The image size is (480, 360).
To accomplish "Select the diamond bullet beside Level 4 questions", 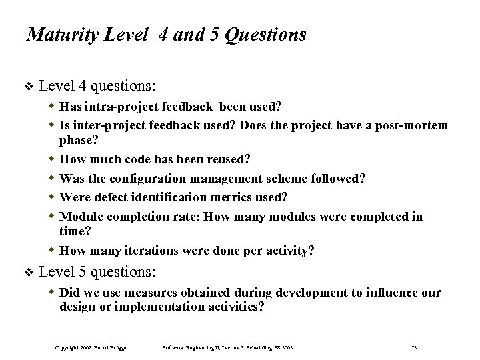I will pos(27,87).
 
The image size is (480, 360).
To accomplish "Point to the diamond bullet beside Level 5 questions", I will pos(27,272).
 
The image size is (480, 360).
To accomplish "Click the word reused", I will pos(225,159).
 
